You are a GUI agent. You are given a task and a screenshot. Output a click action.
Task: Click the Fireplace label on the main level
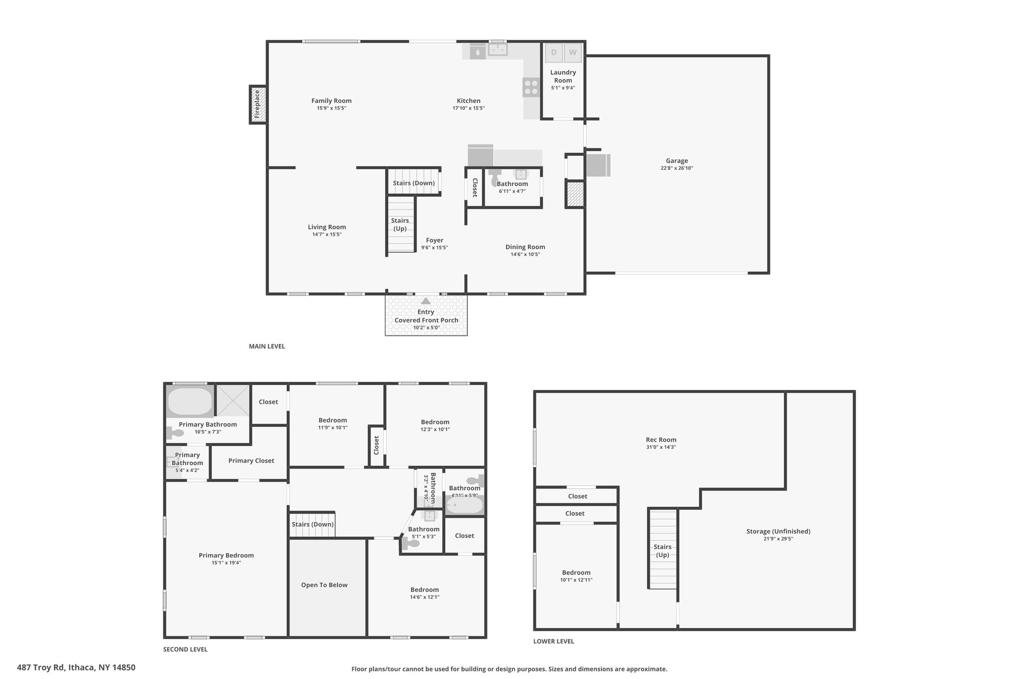click(257, 104)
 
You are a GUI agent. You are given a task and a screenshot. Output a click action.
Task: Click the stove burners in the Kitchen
click(531, 88)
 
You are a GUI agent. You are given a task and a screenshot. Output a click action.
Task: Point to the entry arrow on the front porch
click(425, 300)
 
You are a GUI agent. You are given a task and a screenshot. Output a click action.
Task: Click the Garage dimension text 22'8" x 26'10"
click(677, 168)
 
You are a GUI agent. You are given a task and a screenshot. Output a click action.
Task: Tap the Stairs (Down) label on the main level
click(414, 183)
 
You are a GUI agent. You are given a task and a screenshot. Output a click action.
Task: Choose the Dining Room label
click(525, 247)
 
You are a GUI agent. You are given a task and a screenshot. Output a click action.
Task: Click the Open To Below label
click(324, 585)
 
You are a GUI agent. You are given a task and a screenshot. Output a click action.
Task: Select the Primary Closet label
click(251, 461)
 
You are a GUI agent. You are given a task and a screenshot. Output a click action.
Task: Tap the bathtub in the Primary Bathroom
click(190, 401)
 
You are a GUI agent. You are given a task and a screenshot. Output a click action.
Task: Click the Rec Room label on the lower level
click(661, 440)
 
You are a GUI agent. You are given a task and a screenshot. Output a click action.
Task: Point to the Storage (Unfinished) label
click(778, 531)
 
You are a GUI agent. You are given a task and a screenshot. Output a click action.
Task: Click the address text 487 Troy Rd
click(41, 668)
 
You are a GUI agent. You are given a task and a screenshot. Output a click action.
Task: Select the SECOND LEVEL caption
click(185, 649)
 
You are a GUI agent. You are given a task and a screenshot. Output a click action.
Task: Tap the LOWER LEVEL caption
click(554, 641)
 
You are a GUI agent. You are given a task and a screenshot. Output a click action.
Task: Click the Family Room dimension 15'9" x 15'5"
click(331, 108)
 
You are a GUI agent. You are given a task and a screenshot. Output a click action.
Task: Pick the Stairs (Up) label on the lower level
click(663, 551)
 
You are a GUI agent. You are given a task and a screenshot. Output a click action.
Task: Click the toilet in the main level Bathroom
click(495, 178)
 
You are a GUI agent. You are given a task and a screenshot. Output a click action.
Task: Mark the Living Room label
click(327, 227)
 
